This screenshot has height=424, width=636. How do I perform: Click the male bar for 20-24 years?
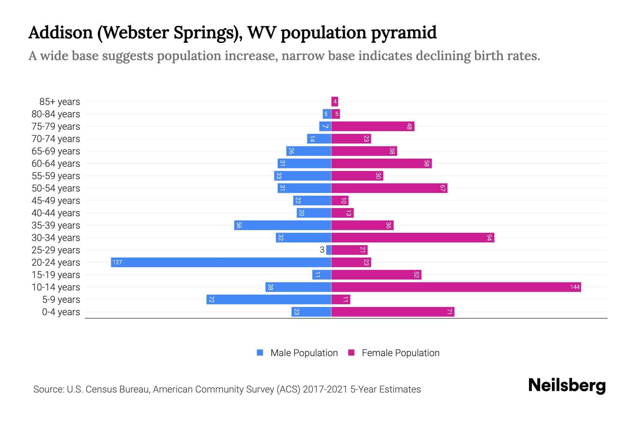[x=221, y=262]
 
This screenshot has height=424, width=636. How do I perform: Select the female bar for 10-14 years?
[x=456, y=287]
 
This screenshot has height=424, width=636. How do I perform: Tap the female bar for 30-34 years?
[x=413, y=237]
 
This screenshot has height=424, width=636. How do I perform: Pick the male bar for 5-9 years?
[x=269, y=299]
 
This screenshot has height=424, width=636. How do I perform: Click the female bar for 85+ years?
[x=335, y=101]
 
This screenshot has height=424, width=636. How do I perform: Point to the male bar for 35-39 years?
[x=283, y=225]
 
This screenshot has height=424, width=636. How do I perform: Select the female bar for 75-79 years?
[x=373, y=126]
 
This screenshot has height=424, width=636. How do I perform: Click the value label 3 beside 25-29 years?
[x=322, y=250]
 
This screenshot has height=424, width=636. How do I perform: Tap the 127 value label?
[x=117, y=262]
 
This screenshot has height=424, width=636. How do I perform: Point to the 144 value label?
[x=575, y=287]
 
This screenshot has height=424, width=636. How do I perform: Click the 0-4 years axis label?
[x=61, y=312]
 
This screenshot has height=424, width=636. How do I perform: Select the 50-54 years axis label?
[x=56, y=188]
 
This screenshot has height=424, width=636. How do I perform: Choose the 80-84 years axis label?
[x=56, y=114]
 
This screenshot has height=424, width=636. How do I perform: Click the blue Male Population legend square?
[x=260, y=353]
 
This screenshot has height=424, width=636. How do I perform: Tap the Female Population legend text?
[x=400, y=353]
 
